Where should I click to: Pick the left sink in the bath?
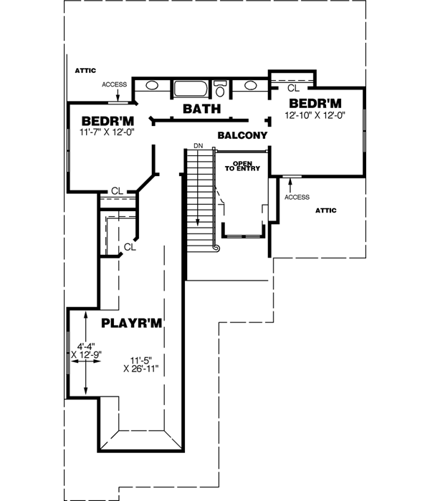click(x=152, y=87)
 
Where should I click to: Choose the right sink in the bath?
click(x=250, y=87)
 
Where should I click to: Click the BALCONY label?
click(x=242, y=135)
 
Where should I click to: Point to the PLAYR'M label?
click(x=132, y=324)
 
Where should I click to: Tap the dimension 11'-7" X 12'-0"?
click(x=107, y=131)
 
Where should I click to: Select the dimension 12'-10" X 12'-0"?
click(x=315, y=115)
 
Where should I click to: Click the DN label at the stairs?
click(x=198, y=147)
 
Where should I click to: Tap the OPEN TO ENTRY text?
click(x=242, y=165)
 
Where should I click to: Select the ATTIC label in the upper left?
click(x=85, y=71)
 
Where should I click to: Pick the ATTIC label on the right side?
click(x=325, y=210)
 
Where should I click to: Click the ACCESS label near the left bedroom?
click(x=114, y=84)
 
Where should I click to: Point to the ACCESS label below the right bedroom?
click(x=297, y=197)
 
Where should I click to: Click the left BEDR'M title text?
click(x=107, y=120)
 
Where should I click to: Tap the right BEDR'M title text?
click(x=315, y=102)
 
